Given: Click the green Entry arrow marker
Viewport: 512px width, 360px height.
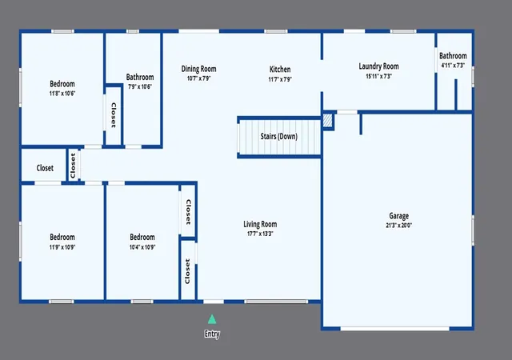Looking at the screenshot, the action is [212, 319].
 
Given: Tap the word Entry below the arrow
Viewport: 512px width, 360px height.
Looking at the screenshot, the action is [212, 334].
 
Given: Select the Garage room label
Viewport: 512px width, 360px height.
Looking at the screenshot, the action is [398, 216].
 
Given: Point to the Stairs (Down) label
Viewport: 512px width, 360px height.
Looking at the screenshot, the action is [279, 136].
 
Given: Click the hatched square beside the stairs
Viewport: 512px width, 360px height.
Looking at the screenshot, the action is [327, 121].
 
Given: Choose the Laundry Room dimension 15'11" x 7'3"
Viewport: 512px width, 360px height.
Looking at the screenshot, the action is [378, 77].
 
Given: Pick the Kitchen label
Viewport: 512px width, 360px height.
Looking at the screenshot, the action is [280, 70].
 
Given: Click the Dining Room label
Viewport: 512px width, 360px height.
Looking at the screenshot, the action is [199, 69].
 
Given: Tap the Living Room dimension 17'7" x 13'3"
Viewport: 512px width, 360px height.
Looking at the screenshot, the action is [260, 234].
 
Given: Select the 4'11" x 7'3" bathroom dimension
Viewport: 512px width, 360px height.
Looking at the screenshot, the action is [453, 66].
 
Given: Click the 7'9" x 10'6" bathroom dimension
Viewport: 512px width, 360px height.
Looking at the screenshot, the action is [140, 87].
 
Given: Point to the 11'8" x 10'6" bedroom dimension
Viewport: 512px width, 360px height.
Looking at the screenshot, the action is [62, 94].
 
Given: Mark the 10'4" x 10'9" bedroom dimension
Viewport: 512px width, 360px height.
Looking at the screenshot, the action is [142, 247].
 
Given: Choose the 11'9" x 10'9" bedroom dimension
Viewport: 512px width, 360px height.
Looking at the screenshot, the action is [62, 247].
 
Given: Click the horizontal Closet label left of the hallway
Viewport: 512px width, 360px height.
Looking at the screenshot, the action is [45, 168].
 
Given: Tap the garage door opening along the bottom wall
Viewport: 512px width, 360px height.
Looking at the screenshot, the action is [395, 329].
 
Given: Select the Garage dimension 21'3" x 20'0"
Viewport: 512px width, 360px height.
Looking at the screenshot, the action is [398, 226].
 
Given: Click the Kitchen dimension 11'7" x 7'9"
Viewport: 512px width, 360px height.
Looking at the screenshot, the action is [280, 79].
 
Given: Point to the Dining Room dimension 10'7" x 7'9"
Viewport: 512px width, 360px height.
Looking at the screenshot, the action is [199, 78].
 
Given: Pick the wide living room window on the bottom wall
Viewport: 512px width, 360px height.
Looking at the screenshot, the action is [276, 302].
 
